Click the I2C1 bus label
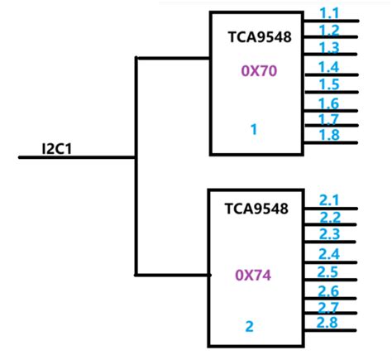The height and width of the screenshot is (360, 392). pos(55,149)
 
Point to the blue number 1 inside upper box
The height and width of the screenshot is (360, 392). pos(254,129)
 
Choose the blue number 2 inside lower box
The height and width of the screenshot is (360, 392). pos(249,326)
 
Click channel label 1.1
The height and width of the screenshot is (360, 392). pos(328,14)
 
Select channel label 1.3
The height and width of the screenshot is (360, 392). pos(328,47)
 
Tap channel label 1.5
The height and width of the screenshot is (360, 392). pos(328,84)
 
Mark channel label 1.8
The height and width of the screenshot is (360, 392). pos(328,135)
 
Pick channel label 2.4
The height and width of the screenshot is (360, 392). pos(329,254)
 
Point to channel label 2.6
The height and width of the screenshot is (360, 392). pos(329,291)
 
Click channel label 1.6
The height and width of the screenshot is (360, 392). pos(328,103)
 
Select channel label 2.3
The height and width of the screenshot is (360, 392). pos(329,234)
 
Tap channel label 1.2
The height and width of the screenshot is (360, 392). pos(328,31)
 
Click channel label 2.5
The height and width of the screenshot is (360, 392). pos(329,271)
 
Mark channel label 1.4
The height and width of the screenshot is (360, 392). pos(328,67)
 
